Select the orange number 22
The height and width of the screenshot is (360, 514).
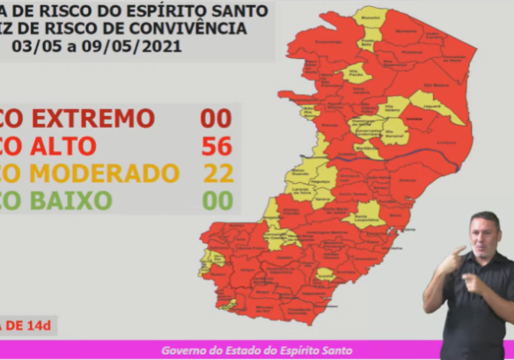(217, 173)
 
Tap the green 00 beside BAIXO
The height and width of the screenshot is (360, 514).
(217, 201)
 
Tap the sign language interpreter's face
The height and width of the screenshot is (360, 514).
(485, 232)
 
